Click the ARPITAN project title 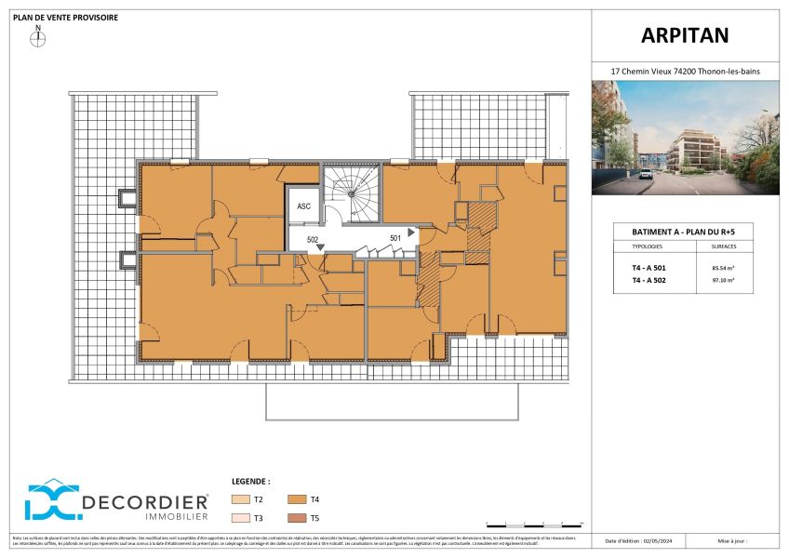pyautogui.click(x=685, y=35)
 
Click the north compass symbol pyautogui.click(x=38, y=38)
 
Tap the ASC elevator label pyautogui.click(x=303, y=206)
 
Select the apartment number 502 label pyautogui.click(x=314, y=240)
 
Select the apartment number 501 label pyautogui.click(x=394, y=238)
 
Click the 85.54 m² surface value pyautogui.click(x=722, y=268)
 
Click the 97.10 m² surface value pyautogui.click(x=722, y=279)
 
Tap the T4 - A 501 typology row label pyautogui.click(x=648, y=268)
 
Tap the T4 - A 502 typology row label pyautogui.click(x=648, y=279)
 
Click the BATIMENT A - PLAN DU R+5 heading pyautogui.click(x=685, y=232)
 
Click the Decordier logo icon pyautogui.click(x=50, y=500)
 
